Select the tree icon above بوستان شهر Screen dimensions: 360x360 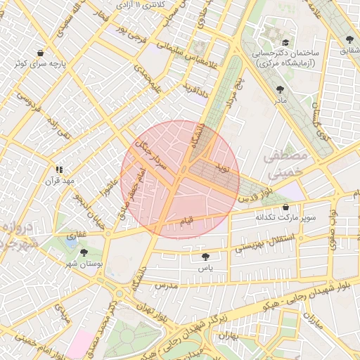(84, 252)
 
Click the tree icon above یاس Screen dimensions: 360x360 (205, 257)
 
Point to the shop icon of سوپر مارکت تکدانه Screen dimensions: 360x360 (286, 207)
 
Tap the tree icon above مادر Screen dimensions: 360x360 (281, 90)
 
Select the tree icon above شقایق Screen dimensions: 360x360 (349, 39)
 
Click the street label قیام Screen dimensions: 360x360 (187, 221)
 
